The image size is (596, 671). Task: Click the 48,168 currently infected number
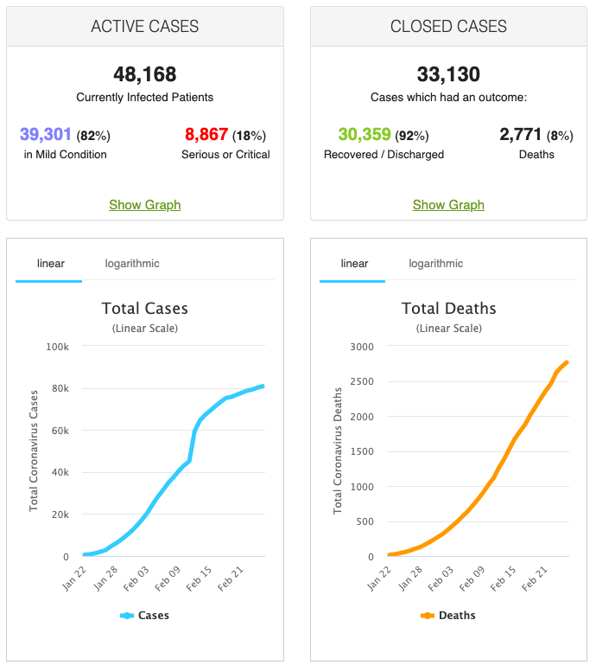[x=145, y=74]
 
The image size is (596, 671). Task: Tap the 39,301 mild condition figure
[x=46, y=135]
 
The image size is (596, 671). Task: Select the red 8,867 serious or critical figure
[x=206, y=135]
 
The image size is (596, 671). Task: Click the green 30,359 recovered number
[x=364, y=135]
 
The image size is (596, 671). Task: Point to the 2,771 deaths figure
[x=520, y=135]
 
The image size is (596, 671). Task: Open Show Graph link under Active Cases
[x=145, y=205]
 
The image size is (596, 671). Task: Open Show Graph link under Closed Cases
[x=448, y=205]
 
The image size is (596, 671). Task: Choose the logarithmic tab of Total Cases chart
[x=132, y=264]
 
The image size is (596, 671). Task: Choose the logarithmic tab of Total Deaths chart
[x=436, y=264]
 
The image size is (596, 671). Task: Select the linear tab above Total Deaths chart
[x=354, y=264]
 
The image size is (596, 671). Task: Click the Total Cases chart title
[x=145, y=309]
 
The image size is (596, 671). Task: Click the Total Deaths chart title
[x=448, y=309]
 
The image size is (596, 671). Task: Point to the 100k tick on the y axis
[x=58, y=347]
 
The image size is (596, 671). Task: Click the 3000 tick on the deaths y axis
[x=362, y=347]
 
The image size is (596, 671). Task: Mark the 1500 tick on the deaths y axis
[x=362, y=451]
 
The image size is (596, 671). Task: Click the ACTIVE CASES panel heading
[x=145, y=27]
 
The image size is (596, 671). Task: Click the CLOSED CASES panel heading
[x=448, y=27]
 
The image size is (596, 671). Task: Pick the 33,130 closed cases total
[x=448, y=74]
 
